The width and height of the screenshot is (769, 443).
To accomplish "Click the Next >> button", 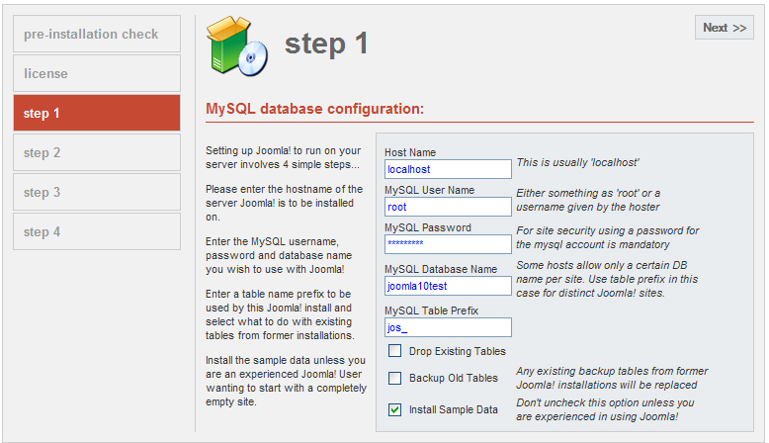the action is coord(724,28).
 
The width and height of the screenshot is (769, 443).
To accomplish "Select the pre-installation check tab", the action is coord(97,34).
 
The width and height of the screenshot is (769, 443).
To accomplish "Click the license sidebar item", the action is coord(97,73).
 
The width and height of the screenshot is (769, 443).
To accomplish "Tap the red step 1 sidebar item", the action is coord(97,113).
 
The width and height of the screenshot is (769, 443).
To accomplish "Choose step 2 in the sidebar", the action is coord(97,152).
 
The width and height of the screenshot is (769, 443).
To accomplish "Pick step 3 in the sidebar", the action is coord(97,192).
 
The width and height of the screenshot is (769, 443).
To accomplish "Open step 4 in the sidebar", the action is coord(97,231).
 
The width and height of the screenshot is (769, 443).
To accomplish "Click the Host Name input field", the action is coord(448,169).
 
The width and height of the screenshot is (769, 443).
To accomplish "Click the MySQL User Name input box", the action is coord(448,207).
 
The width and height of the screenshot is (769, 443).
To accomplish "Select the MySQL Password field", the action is coord(448,244).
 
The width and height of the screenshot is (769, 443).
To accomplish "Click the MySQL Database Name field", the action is coord(448,286).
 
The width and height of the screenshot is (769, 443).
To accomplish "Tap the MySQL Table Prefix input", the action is coord(448,327).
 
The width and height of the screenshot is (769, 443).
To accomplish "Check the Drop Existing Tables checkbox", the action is coord(394,351).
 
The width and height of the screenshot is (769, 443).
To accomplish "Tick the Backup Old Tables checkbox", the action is coord(394,378).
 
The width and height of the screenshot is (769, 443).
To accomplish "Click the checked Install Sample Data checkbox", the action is coord(394,409).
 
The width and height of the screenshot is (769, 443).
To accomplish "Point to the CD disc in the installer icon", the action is coord(253,58).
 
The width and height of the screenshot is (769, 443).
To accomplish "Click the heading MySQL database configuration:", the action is coord(314,109).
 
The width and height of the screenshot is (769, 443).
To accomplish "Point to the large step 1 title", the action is coord(326,44).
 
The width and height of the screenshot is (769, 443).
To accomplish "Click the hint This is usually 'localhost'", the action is coord(577,162).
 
